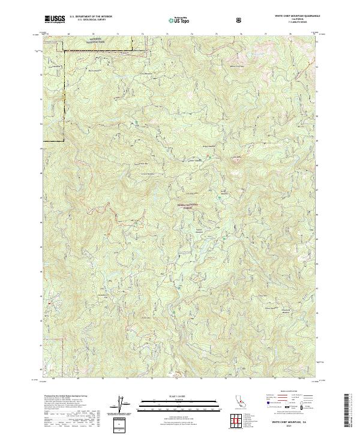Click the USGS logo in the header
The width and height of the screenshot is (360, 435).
55,19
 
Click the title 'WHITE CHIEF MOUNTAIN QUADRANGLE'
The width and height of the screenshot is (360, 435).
297,16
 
